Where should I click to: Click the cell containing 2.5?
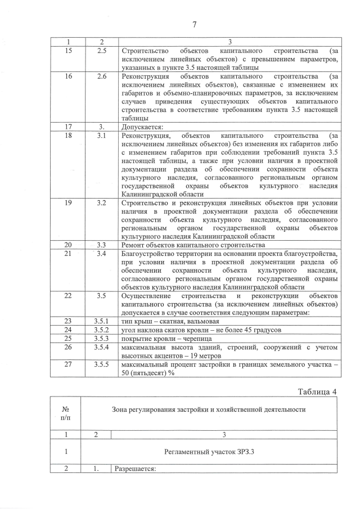(x=102, y=51)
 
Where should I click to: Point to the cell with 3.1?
(x=102, y=136)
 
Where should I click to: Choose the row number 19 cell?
(x=68, y=202)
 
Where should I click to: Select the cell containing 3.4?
(x=102, y=254)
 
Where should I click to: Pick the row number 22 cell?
(x=68, y=295)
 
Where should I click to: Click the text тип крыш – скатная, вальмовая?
(x=170, y=321)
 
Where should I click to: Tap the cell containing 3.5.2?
(x=102, y=329)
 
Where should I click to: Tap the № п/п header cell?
(x=65, y=413)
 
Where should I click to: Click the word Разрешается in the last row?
(x=134, y=469)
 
